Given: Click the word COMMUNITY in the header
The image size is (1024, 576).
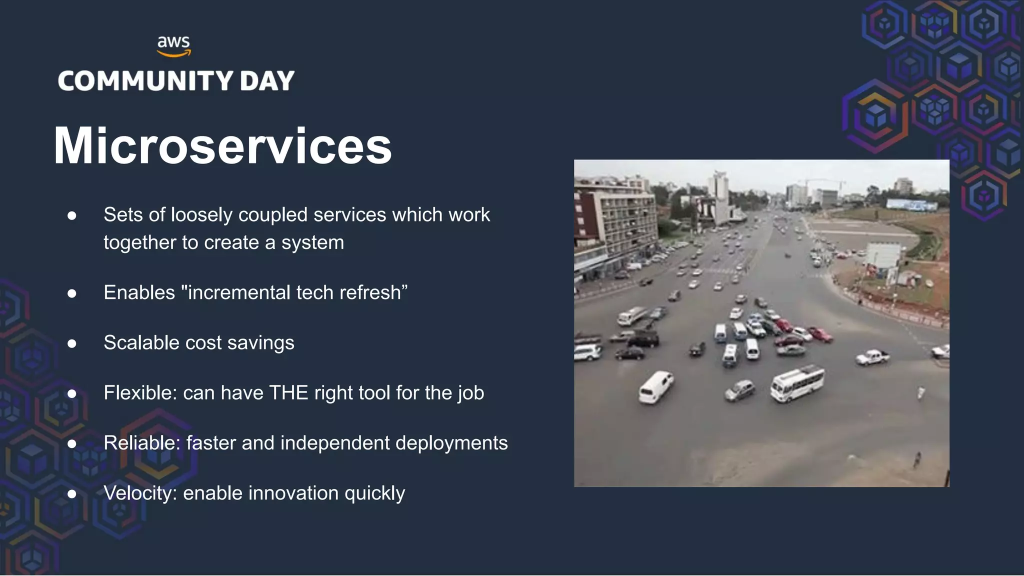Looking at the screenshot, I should click(145, 81).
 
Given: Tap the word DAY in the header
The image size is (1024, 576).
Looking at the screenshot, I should click(267, 81).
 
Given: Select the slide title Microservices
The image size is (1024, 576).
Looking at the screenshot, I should click(222, 146).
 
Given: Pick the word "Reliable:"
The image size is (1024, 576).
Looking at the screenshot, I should click(142, 443).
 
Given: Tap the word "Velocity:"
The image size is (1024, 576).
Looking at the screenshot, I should click(140, 493).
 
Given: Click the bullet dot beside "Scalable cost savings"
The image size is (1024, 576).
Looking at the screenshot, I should click(72, 343).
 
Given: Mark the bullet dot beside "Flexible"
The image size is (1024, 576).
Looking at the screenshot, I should click(72, 393).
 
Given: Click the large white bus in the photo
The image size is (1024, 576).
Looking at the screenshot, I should click(797, 383).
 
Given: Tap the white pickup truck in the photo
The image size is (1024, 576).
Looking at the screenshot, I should click(872, 357).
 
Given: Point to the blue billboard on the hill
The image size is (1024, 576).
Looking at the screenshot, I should click(911, 204).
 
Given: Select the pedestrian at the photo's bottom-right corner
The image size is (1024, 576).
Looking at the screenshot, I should click(917, 459).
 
